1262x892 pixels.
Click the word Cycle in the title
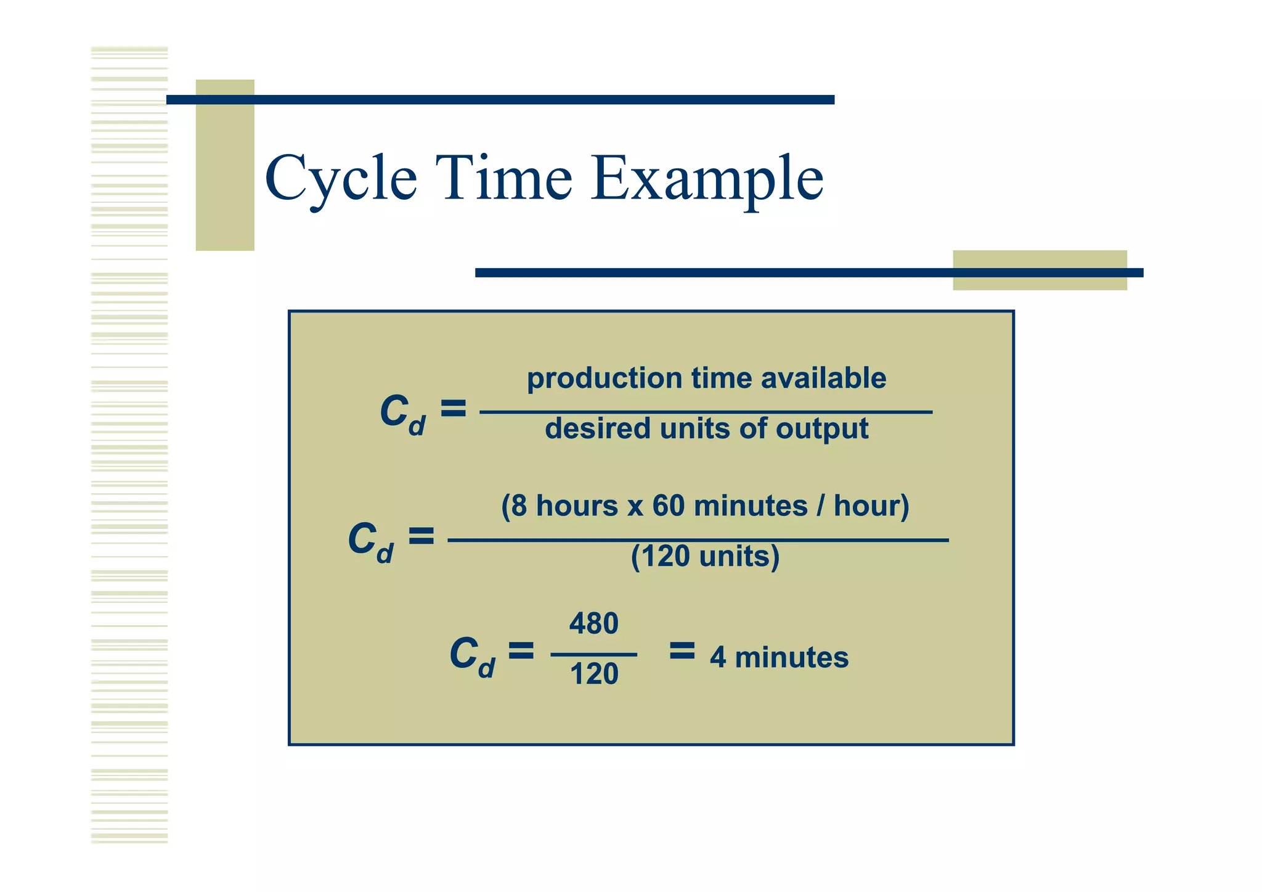tap(341, 179)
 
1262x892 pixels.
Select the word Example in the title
tap(707, 179)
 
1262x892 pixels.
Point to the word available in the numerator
tap(823, 378)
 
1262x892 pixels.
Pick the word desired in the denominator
tap(597, 428)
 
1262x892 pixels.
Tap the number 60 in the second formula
tap(668, 506)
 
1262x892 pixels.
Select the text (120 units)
tap(705, 557)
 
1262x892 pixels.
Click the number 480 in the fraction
tap(593, 624)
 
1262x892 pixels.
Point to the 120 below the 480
tap(594, 674)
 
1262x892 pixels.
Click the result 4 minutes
tap(779, 657)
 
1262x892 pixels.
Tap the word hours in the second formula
tap(577, 506)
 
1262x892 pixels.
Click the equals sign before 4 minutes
tap(682, 650)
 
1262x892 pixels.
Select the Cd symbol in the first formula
tap(402, 414)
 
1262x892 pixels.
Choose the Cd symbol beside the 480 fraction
tap(472, 657)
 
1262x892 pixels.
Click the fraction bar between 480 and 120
tap(593, 654)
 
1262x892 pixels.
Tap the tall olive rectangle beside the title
tap(225, 165)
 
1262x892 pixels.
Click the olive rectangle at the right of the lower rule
tap(1040, 270)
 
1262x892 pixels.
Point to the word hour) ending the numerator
tap(871, 506)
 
